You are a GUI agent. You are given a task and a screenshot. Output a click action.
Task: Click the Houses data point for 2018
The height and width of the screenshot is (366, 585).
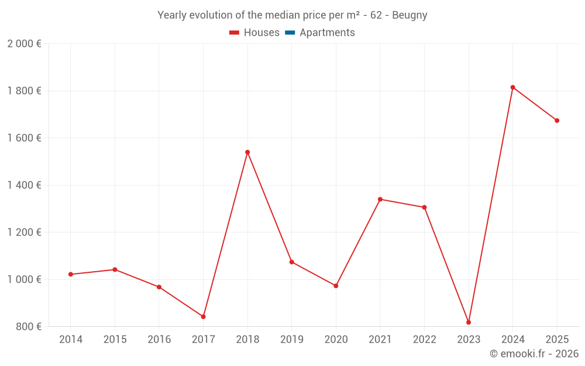247,152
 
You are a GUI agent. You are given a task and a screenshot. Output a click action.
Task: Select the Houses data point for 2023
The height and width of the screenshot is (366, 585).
469,323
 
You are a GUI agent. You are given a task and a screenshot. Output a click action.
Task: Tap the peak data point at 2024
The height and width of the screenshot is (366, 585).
512,87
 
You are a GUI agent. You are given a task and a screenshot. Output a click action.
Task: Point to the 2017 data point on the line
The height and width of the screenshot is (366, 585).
203,317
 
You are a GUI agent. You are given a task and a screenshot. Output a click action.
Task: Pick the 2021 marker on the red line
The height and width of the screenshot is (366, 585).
380,199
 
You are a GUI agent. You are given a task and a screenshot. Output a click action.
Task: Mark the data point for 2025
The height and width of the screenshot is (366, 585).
557,121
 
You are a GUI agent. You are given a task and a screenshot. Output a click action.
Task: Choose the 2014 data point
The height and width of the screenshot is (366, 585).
71,274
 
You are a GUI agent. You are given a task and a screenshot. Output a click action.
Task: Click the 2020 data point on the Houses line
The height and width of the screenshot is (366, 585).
336,286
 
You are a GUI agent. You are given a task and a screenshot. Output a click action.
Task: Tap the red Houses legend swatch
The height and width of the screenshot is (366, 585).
235,33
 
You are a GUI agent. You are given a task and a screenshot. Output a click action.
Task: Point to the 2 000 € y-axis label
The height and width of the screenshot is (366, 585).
24,44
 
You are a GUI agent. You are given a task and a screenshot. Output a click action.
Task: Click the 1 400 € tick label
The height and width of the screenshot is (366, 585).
24,185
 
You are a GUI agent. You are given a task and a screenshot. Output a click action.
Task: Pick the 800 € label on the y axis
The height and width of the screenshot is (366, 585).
27,326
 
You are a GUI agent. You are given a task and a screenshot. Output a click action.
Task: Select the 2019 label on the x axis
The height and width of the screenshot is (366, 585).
291,340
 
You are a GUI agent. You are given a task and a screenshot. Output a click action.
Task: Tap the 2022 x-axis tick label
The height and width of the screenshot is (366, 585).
424,340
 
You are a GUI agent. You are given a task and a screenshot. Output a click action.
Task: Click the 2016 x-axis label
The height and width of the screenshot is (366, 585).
159,340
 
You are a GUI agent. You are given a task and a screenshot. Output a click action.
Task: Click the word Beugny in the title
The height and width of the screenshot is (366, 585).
409,15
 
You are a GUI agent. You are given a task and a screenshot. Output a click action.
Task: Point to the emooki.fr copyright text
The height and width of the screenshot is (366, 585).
534,354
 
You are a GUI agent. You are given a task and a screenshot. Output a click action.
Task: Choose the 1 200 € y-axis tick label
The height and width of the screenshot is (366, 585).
24,232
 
